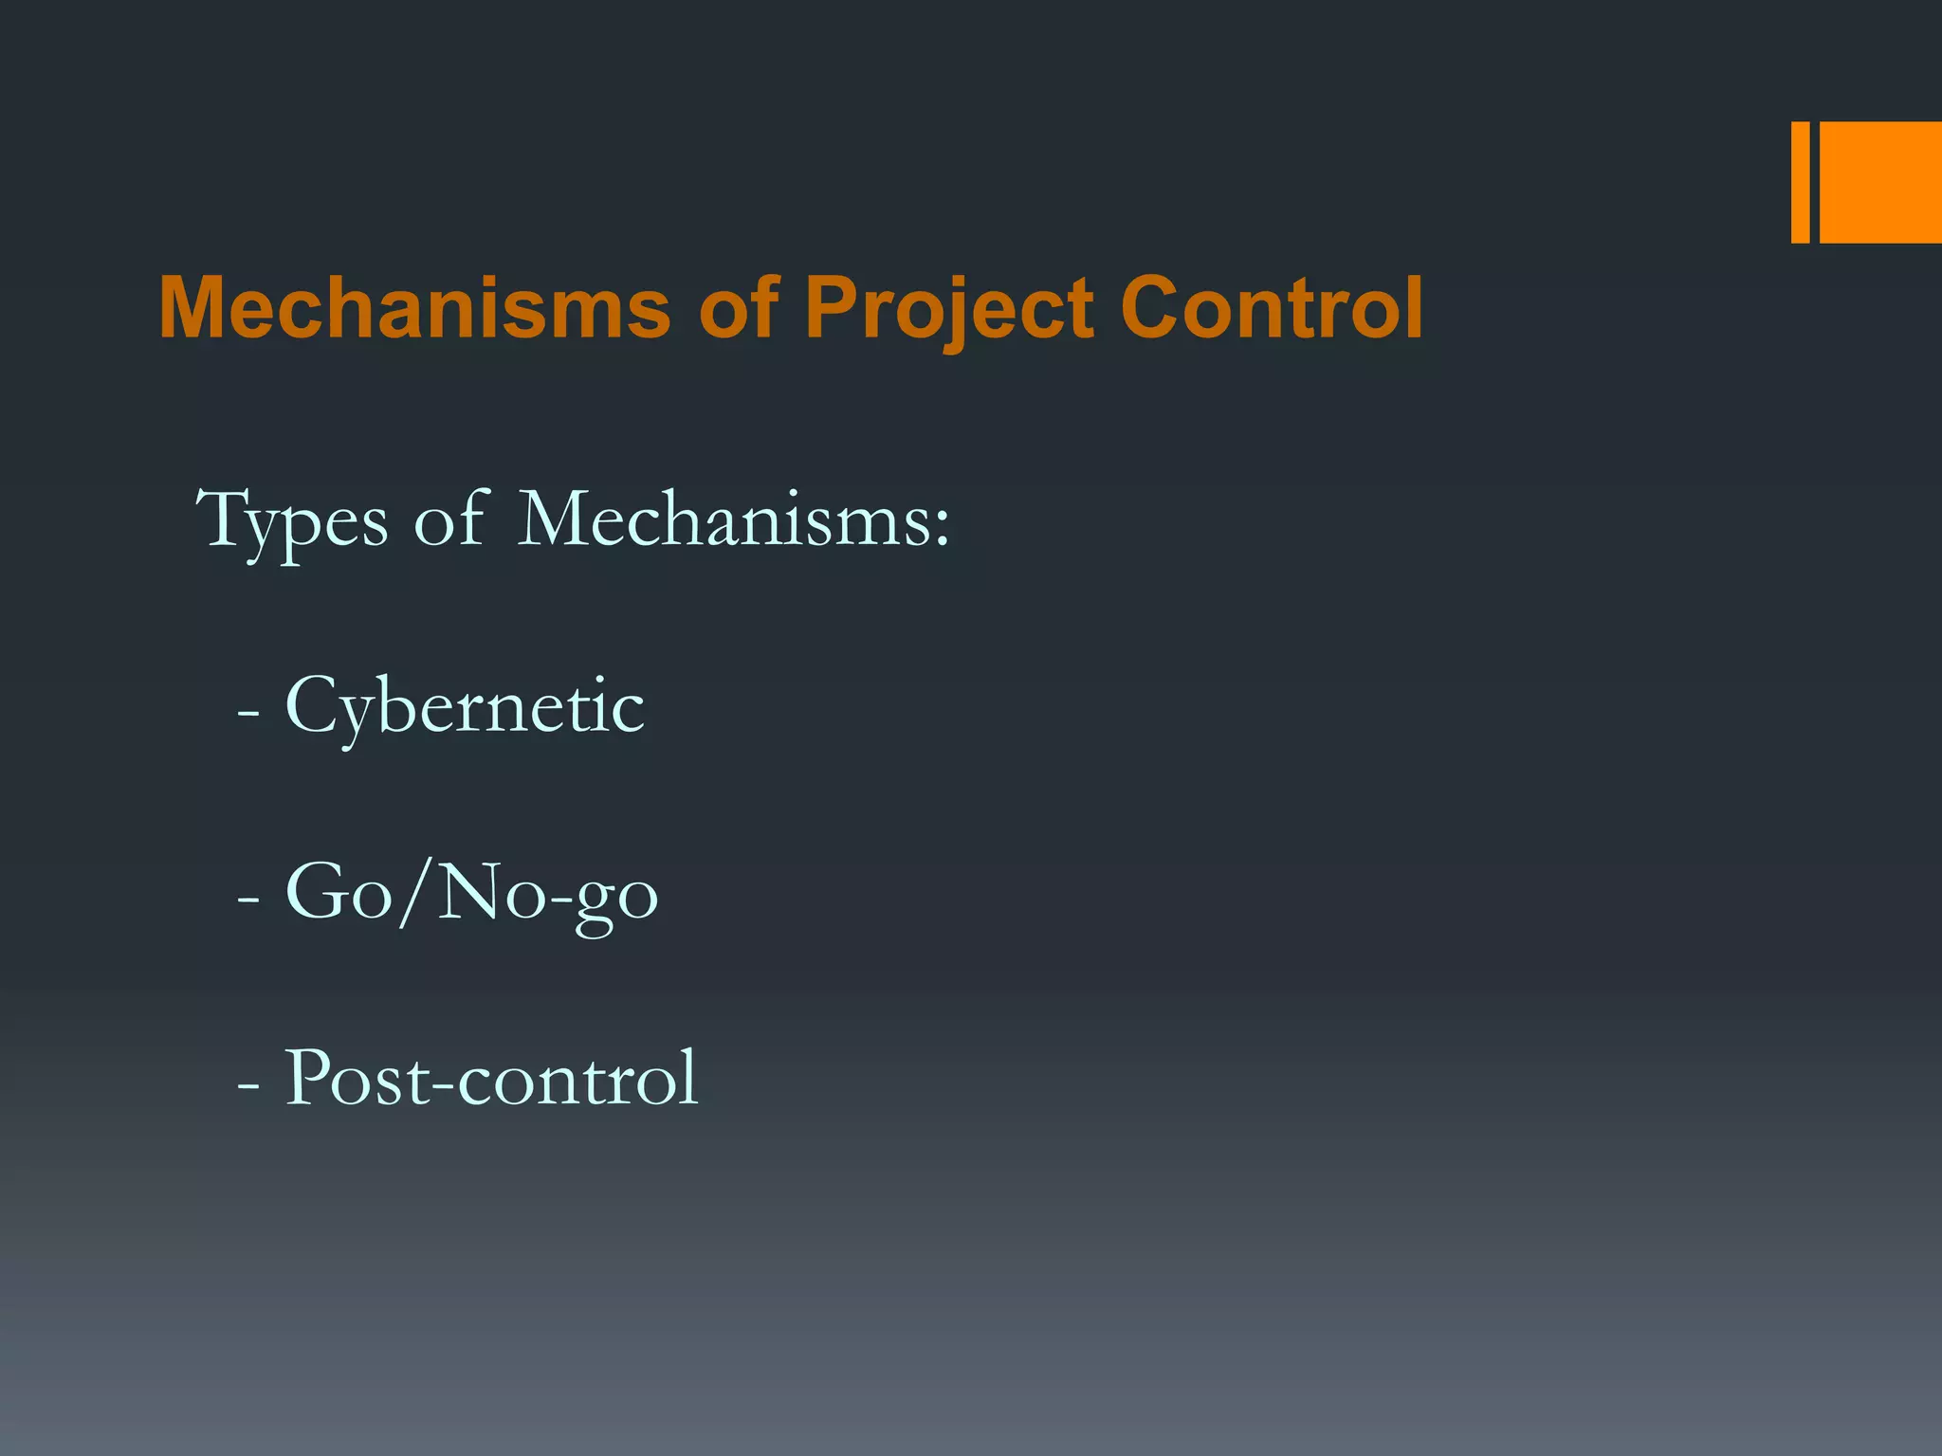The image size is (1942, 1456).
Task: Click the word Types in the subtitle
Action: [x=292, y=521]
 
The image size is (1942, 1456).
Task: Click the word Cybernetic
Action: [x=464, y=707]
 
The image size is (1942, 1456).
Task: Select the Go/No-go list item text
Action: [x=471, y=895]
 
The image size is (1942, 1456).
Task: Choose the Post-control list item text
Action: [x=491, y=1079]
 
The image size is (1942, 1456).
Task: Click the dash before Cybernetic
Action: [x=248, y=713]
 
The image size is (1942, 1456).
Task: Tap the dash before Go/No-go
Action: [x=248, y=900]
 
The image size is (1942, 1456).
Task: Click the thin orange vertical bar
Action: [x=1800, y=182]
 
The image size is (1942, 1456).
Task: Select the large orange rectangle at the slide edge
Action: [x=1880, y=182]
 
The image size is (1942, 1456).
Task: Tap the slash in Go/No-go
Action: [x=415, y=893]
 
